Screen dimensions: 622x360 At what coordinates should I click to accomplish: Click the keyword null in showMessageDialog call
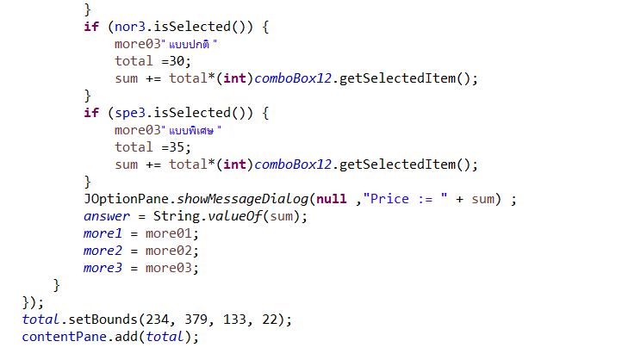coord(332,199)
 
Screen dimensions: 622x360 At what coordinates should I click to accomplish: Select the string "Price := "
coord(405,199)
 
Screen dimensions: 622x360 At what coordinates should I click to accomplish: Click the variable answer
coord(107,216)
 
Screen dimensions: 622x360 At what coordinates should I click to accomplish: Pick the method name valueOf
coord(232,216)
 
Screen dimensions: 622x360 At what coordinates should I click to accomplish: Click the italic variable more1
coord(103,233)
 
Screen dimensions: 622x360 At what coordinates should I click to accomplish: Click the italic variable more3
coord(103,268)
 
